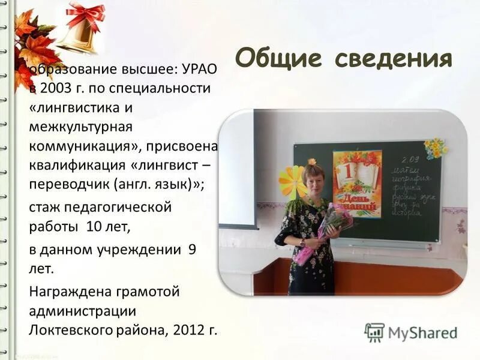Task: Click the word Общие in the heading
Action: (277, 59)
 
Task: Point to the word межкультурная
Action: (80, 127)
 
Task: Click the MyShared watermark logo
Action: (410, 332)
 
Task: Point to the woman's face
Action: (314, 177)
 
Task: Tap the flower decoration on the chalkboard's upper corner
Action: (435, 147)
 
